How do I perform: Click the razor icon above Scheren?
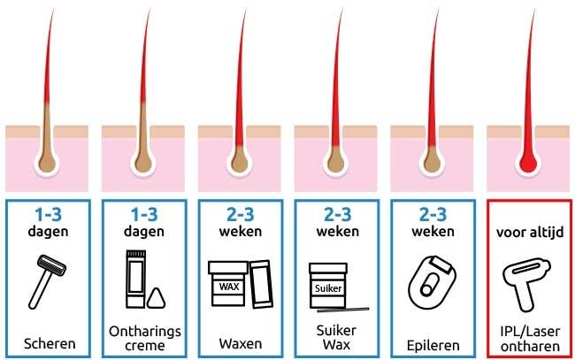[46, 281]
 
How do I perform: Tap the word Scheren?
[50, 344]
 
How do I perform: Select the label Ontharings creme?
[145, 338]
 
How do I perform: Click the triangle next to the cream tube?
[156, 298]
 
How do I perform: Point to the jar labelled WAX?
[228, 283]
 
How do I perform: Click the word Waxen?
[241, 344]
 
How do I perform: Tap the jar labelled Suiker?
[328, 285]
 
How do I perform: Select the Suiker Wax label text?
[337, 337]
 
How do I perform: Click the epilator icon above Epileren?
[432, 282]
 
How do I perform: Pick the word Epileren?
[433, 345]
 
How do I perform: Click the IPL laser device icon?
[525, 285]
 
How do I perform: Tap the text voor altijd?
[530, 233]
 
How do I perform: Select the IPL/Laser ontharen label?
[530, 339]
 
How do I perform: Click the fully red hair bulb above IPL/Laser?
[528, 163]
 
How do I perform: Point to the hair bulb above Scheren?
[47, 163]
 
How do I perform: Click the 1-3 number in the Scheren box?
[48, 215]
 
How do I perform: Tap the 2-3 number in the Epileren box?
[433, 215]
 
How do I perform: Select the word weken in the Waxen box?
[241, 232]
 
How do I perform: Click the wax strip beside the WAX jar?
[261, 284]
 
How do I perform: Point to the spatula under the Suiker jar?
[343, 310]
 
